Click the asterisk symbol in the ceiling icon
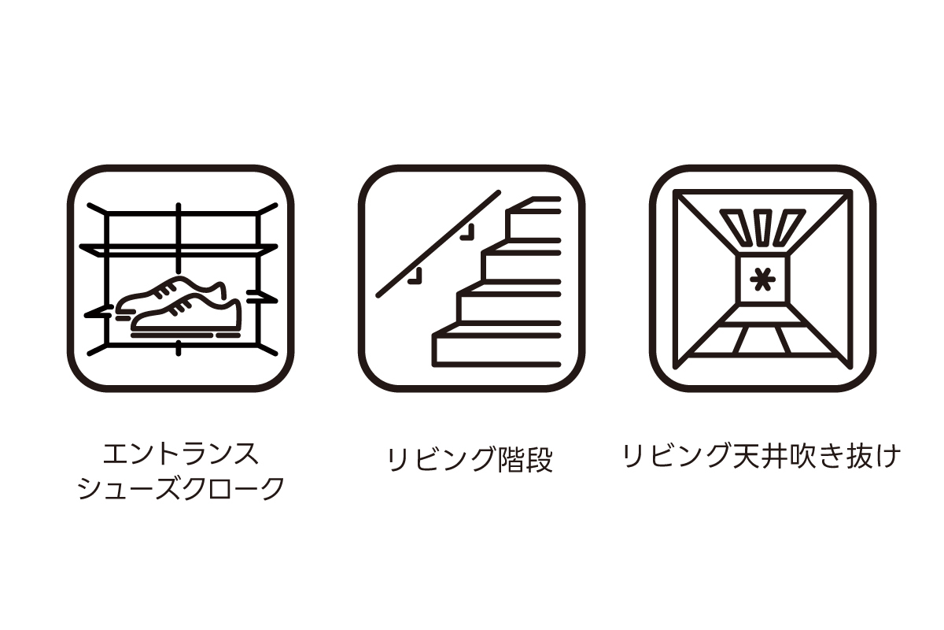coord(762,280)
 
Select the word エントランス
coord(181,454)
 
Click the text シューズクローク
coord(181,488)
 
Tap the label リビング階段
coord(470,460)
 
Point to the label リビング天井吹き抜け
coord(762,456)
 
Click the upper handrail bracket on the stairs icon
coord(468,232)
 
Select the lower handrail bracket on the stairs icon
coord(415,276)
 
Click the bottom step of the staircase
coord(497,350)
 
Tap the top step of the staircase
coord(534,205)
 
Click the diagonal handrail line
coord(438,244)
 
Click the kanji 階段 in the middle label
coord(525,460)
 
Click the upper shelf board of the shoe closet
coord(179,250)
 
